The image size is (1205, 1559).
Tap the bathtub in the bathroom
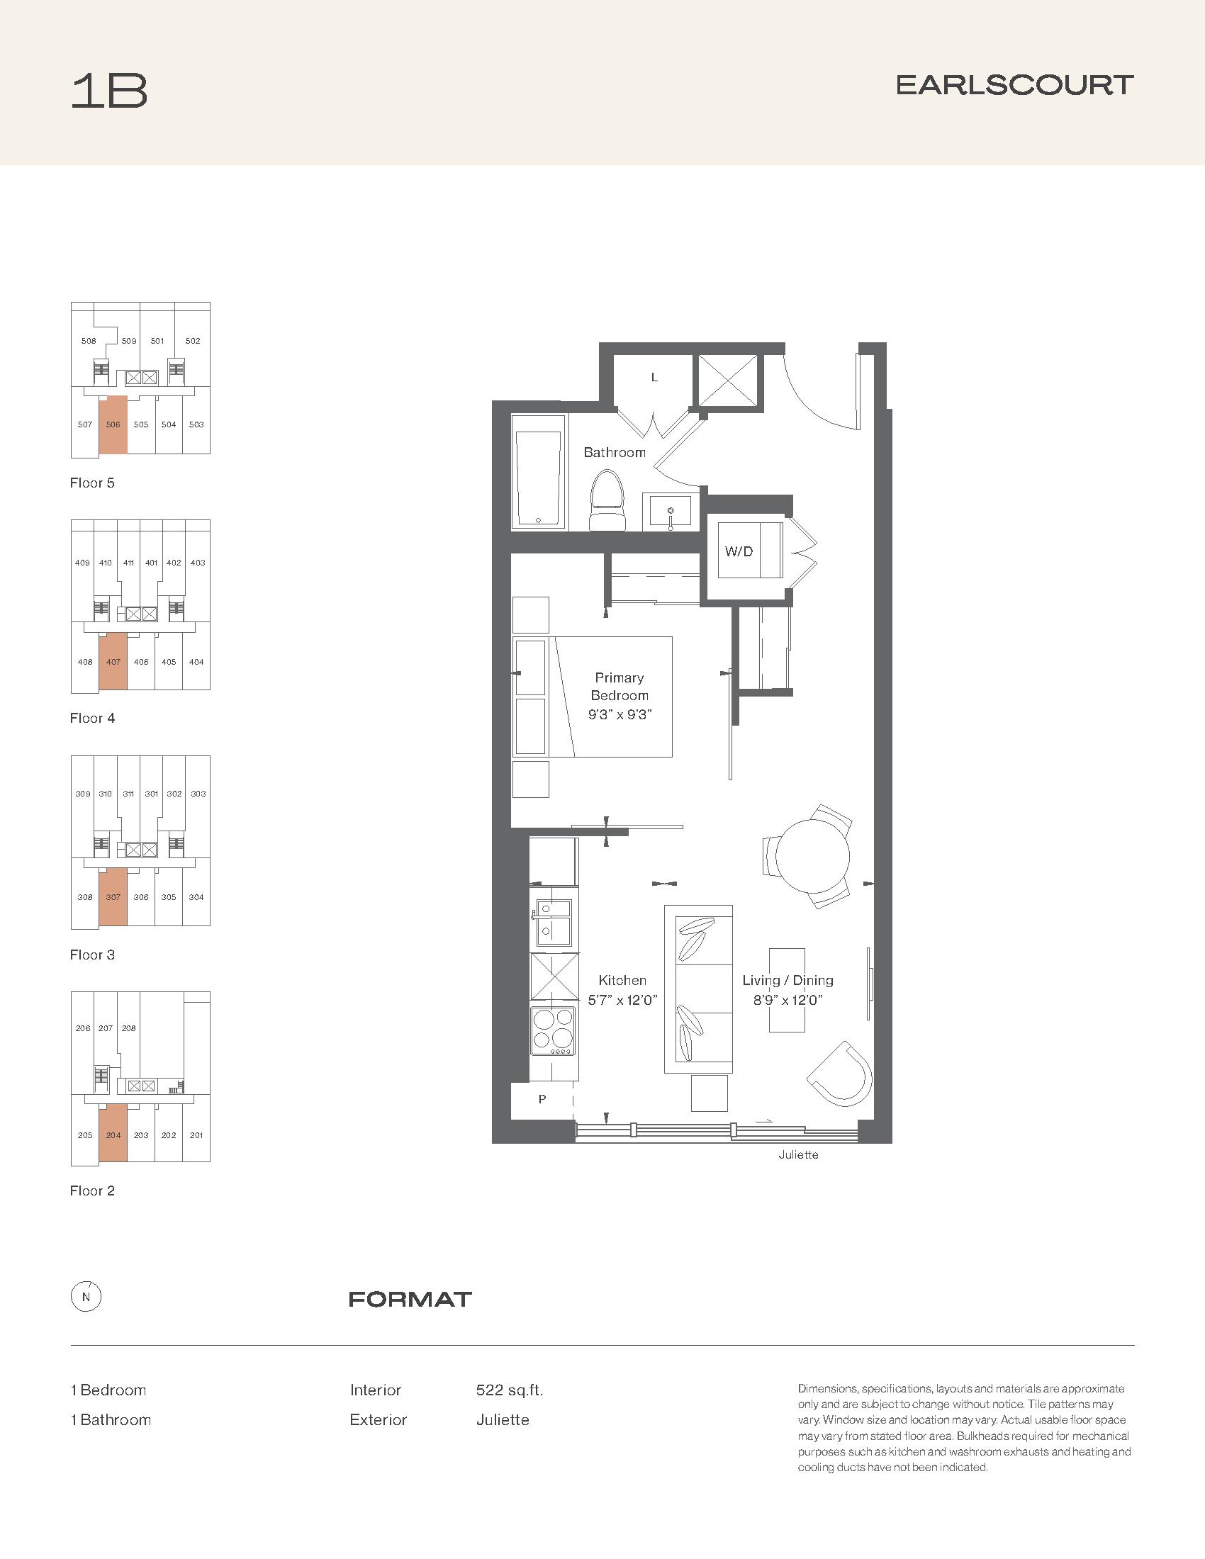point(539,472)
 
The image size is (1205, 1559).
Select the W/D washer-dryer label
point(739,551)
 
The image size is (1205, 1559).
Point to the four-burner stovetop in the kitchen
point(554,1030)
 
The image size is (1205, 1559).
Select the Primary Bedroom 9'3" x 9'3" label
point(620,696)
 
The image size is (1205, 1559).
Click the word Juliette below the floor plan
point(798,1154)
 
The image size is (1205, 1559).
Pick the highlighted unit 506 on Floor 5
point(113,424)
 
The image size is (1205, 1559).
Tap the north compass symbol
point(86,1297)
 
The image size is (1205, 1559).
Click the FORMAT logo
point(410,1299)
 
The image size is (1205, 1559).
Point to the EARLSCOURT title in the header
point(1014,86)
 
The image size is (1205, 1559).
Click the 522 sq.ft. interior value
point(510,1390)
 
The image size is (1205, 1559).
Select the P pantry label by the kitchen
point(542,1099)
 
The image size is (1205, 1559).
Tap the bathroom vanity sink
point(671,512)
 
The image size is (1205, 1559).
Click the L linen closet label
point(654,378)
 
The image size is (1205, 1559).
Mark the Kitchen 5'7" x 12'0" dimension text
point(622,990)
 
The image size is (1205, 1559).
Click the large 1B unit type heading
point(109,91)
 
